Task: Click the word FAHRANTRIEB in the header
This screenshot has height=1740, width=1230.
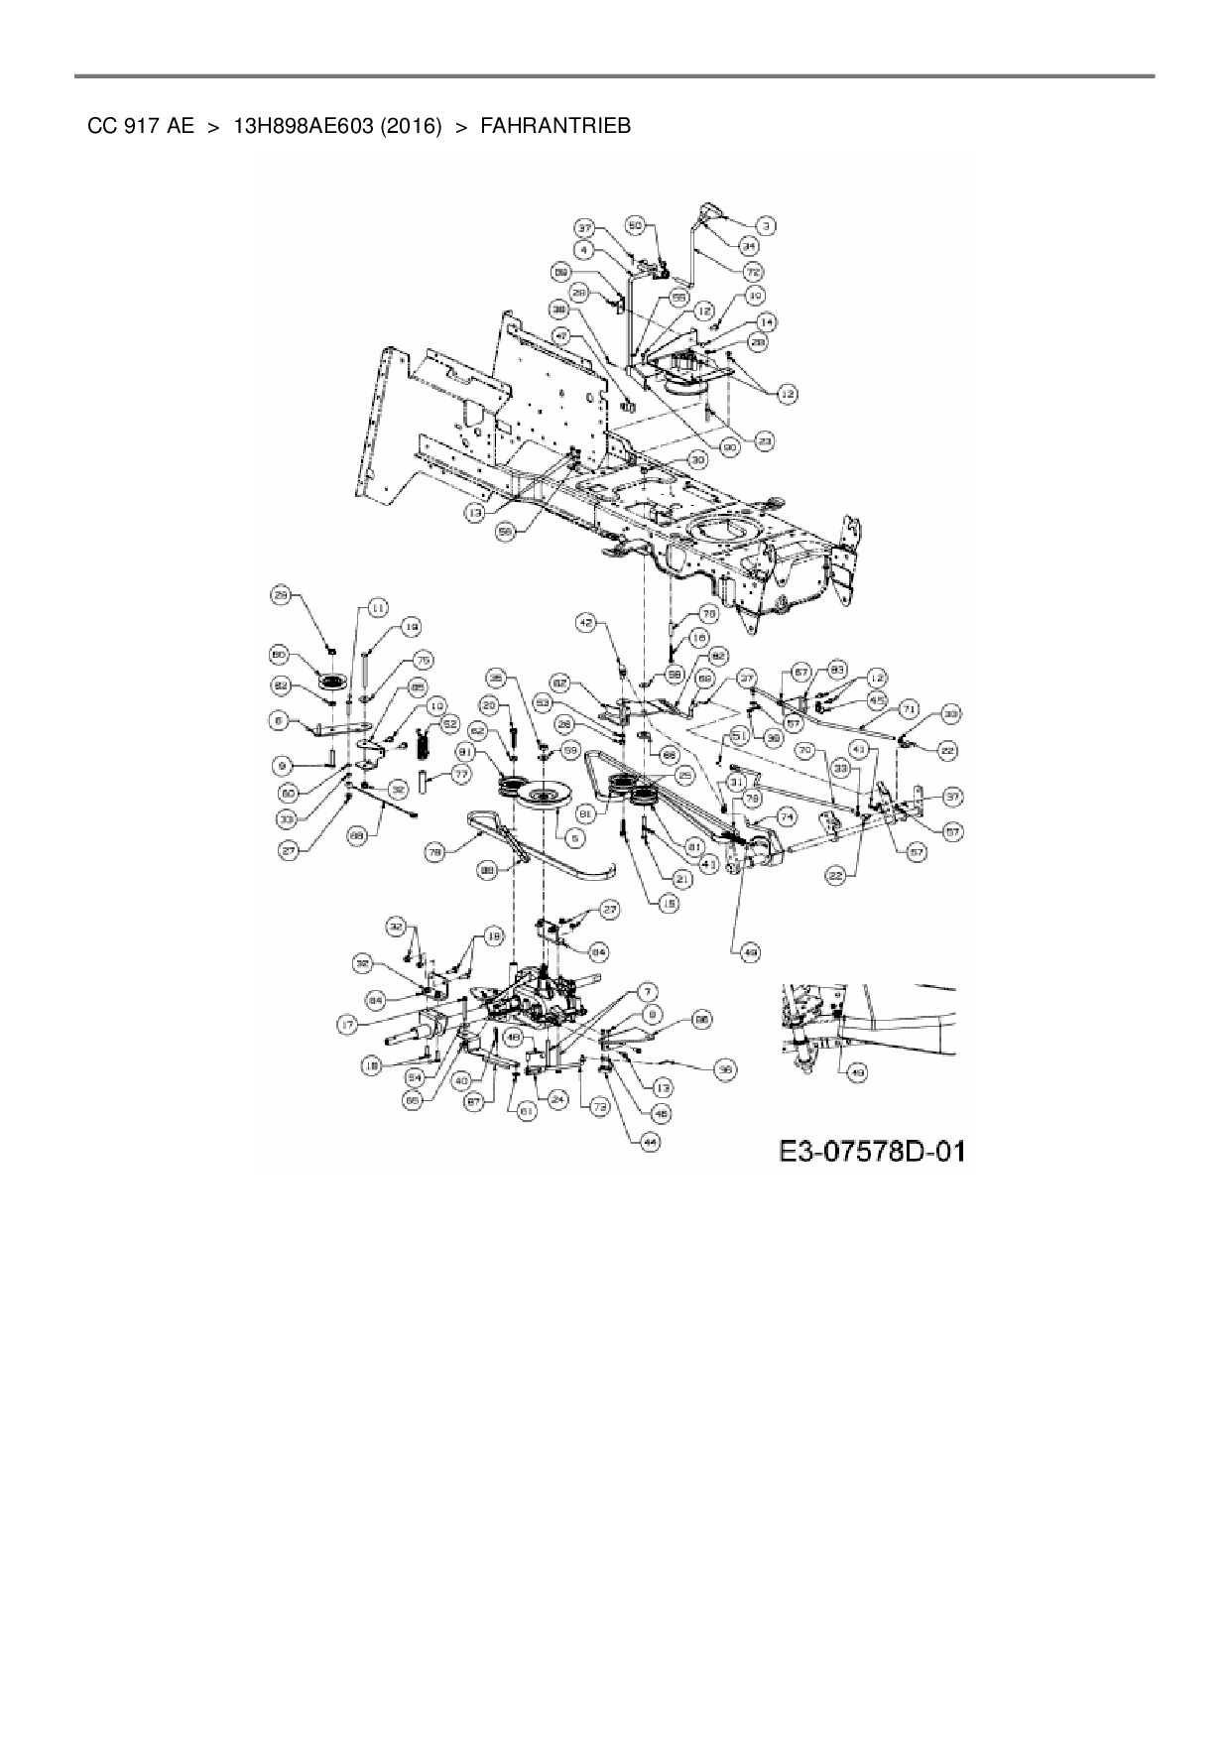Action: coord(554,126)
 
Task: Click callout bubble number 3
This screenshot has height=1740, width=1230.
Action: coord(768,226)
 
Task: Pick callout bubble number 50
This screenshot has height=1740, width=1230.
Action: coord(637,227)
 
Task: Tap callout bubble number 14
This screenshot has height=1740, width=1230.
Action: coord(767,321)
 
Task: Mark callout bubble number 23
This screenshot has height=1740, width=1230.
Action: coord(765,440)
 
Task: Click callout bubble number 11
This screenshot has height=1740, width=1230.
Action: coord(377,607)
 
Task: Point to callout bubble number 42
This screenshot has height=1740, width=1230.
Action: coord(587,622)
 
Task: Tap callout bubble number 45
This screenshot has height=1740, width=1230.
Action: coord(877,699)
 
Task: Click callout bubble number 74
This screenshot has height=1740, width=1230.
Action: coord(788,816)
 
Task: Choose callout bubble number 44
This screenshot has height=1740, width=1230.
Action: coord(650,1142)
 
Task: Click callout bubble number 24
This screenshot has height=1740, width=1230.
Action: coord(557,1099)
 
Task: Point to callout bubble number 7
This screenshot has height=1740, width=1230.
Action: coord(648,990)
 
